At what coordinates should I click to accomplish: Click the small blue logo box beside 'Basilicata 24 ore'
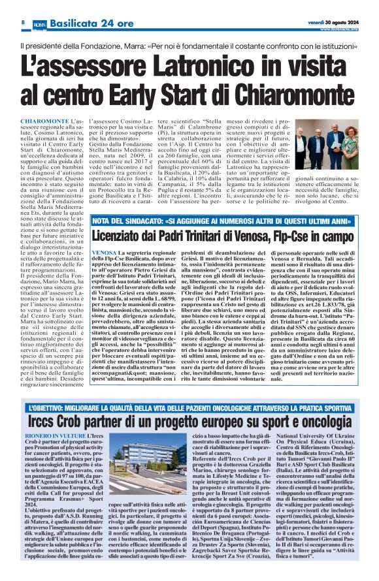(x=39, y=24)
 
